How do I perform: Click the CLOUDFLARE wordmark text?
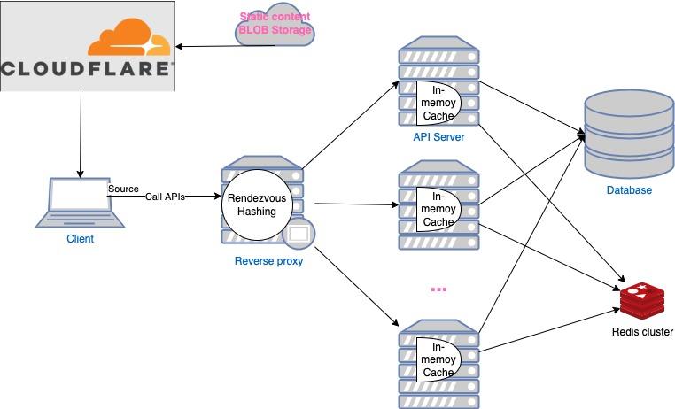pyautogui.click(x=87, y=69)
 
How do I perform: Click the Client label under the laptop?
pyautogui.click(x=80, y=239)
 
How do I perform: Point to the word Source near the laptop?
pyautogui.click(x=123, y=189)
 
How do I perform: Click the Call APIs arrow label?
pyautogui.click(x=165, y=197)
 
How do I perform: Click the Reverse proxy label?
pyautogui.click(x=268, y=260)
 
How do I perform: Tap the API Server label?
pyautogui.click(x=438, y=137)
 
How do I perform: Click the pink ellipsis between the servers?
pyautogui.click(x=438, y=289)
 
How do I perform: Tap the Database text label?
pyautogui.click(x=629, y=190)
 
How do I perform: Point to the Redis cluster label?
pyautogui.click(x=642, y=332)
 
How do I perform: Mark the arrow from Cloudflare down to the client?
pyautogui.click(x=81, y=133)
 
